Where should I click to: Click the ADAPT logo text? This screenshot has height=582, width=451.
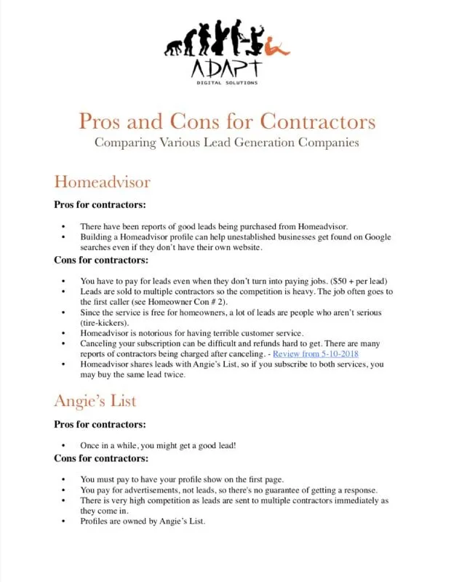coord(225,68)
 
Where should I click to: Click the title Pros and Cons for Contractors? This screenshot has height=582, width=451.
coord(226,120)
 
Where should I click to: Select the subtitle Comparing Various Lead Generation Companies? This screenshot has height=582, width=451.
coord(226,142)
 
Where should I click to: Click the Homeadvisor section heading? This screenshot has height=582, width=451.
coord(102,181)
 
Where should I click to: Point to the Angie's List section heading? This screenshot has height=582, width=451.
coord(95,401)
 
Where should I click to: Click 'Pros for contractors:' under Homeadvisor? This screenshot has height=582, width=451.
coord(100,204)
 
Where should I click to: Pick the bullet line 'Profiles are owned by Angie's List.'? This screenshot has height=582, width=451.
coord(143,521)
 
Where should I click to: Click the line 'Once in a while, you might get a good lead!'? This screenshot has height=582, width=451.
coord(158,445)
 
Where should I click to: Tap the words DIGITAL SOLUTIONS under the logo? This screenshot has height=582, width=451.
coord(226,83)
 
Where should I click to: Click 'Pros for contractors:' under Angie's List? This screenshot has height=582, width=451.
coord(100,424)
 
